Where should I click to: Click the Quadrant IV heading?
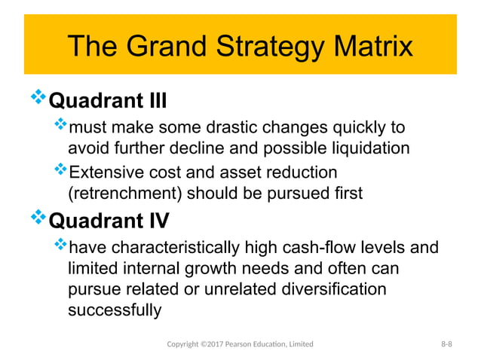pyautogui.click(x=109, y=221)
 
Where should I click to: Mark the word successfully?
pyautogui.click(x=114, y=310)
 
